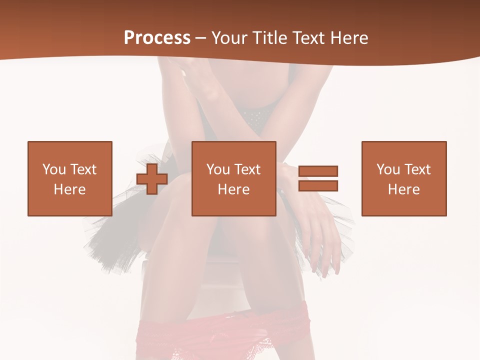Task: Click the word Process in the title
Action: [157, 38]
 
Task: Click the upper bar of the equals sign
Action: [318, 171]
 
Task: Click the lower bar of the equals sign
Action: [318, 186]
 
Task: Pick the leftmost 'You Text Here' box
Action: [70, 178]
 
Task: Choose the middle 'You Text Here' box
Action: [233, 178]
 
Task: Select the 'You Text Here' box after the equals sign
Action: [404, 178]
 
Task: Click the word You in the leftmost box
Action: [54, 169]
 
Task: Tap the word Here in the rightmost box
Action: [404, 189]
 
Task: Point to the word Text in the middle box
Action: [247, 169]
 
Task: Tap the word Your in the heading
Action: [230, 38]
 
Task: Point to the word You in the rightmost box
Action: [388, 169]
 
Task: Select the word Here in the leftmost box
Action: [70, 189]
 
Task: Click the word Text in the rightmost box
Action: [417, 169]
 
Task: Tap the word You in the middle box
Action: [218, 169]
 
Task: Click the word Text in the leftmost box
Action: [83, 169]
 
